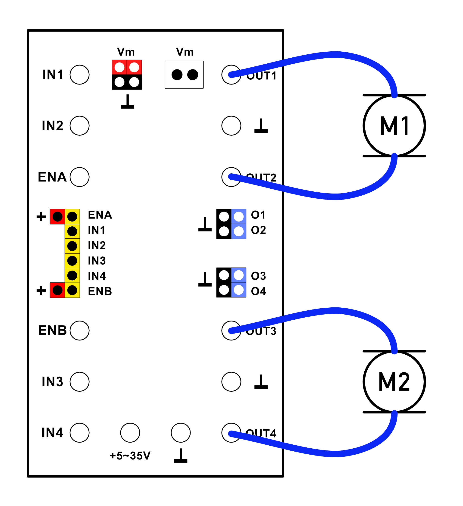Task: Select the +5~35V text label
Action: coord(130,456)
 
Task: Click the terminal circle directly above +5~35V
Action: coord(130,433)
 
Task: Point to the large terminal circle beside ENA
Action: coord(80,177)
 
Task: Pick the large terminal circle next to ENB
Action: coord(80,331)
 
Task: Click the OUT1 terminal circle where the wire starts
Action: coord(231,75)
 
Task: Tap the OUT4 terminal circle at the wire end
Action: coord(231,433)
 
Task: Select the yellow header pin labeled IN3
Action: coord(72,261)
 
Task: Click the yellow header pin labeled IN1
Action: coord(72,231)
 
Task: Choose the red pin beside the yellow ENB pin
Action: coord(57,290)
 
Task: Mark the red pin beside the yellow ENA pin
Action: coord(57,217)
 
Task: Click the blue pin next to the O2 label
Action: coord(238,231)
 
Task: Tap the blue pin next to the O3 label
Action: coord(238,275)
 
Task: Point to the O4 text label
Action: coord(258,291)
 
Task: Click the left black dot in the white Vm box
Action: coord(177,75)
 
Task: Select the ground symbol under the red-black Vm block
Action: coord(128,102)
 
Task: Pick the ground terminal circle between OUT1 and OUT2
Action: coord(231,125)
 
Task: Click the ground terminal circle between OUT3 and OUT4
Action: coord(231,382)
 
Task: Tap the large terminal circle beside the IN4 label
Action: coord(80,433)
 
